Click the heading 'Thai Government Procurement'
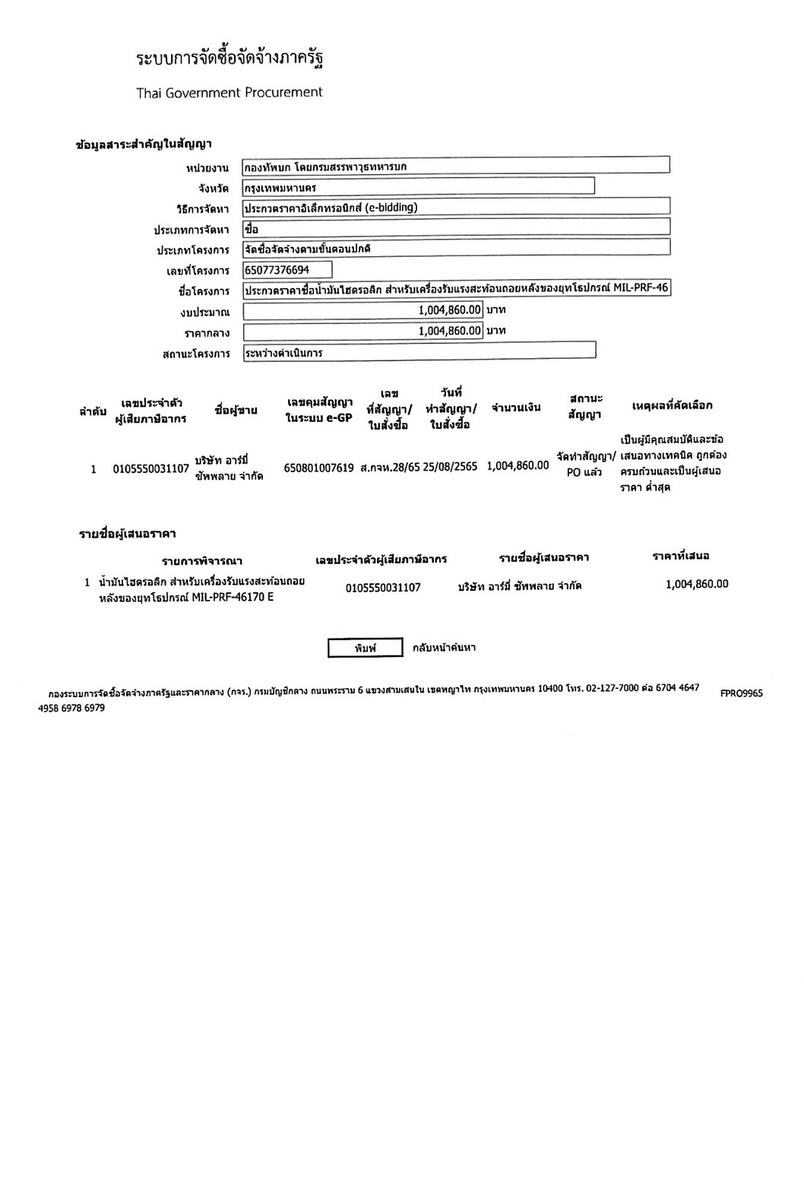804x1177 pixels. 229,93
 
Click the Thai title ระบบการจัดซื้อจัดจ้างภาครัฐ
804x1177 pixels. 235,59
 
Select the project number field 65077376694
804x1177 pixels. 287,270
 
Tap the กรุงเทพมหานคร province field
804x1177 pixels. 418,187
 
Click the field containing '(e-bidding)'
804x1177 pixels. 456,207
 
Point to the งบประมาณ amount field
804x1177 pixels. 363,310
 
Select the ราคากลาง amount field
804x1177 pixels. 363,331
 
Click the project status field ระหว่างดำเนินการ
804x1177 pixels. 419,352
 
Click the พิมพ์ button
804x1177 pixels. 365,648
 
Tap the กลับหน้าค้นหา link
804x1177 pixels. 444,648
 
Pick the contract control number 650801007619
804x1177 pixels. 318,468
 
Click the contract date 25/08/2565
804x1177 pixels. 450,467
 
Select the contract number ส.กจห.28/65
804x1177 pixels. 390,467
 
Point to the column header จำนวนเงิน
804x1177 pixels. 516,408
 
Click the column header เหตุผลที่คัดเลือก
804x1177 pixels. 672,406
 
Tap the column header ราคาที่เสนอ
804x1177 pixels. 680,556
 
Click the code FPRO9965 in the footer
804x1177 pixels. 741,693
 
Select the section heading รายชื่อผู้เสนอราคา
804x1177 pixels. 128,535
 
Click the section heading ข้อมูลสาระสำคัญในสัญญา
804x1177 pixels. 144,144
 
